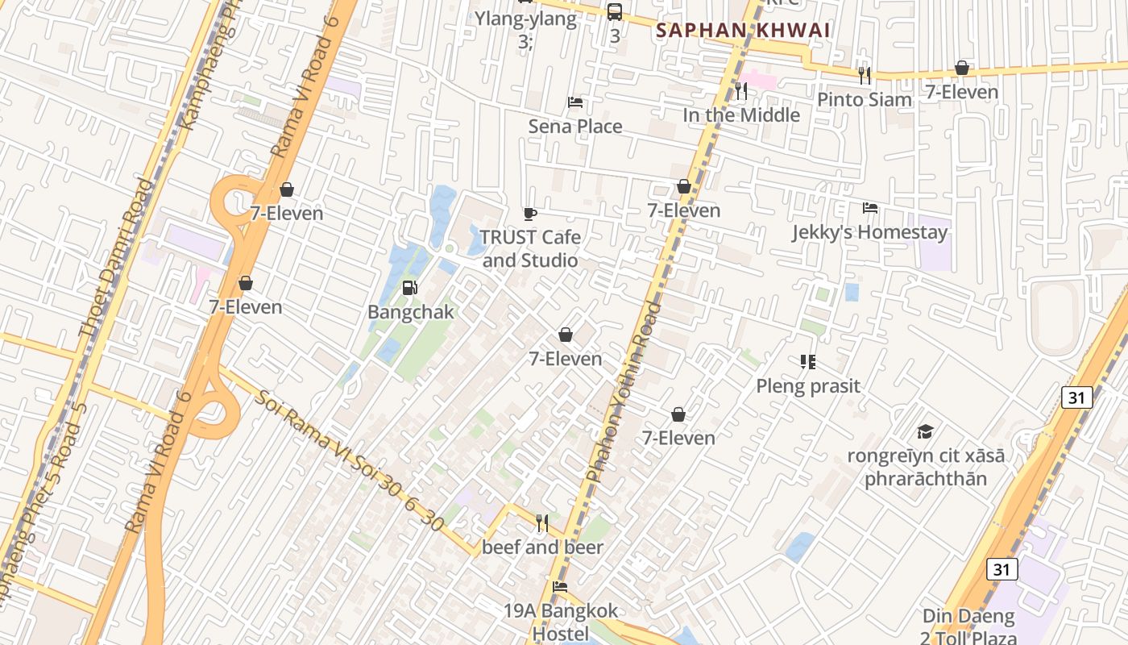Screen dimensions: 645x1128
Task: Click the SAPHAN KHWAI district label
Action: click(x=742, y=31)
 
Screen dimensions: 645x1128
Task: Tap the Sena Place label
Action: click(x=575, y=127)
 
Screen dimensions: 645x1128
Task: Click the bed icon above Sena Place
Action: click(x=575, y=102)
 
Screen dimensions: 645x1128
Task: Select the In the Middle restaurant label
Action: click(x=741, y=115)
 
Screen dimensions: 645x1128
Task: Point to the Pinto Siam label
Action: click(x=865, y=100)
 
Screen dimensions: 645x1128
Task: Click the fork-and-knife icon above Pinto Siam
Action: click(x=865, y=76)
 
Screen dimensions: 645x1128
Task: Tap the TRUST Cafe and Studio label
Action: click(x=530, y=248)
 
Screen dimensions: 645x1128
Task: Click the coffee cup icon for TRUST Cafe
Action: click(x=529, y=214)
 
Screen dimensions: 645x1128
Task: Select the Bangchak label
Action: click(x=411, y=312)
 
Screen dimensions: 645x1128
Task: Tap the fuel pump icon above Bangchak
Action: click(x=409, y=287)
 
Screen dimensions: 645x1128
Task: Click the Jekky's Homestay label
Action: click(x=869, y=232)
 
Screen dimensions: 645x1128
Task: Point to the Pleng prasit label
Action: click(x=808, y=386)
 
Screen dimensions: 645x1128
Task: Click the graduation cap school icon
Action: click(x=925, y=431)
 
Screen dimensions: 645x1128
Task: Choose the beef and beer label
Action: click(x=542, y=547)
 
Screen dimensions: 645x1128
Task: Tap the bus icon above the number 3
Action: click(x=615, y=11)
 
